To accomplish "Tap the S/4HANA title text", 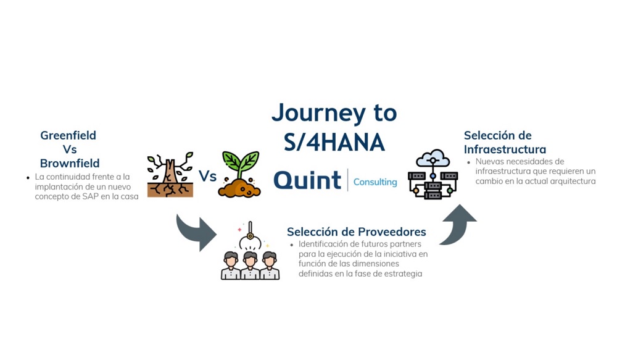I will [334, 142].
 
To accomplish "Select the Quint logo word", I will [307, 180].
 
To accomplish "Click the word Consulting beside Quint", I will [375, 182].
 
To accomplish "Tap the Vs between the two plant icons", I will [207, 177].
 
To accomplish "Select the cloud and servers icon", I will [433, 174].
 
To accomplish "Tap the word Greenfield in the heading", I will [68, 135].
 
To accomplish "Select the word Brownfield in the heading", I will [70, 164].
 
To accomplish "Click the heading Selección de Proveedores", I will [356, 232].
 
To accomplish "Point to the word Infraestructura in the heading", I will [505, 149].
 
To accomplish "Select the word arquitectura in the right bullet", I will [570, 182].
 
